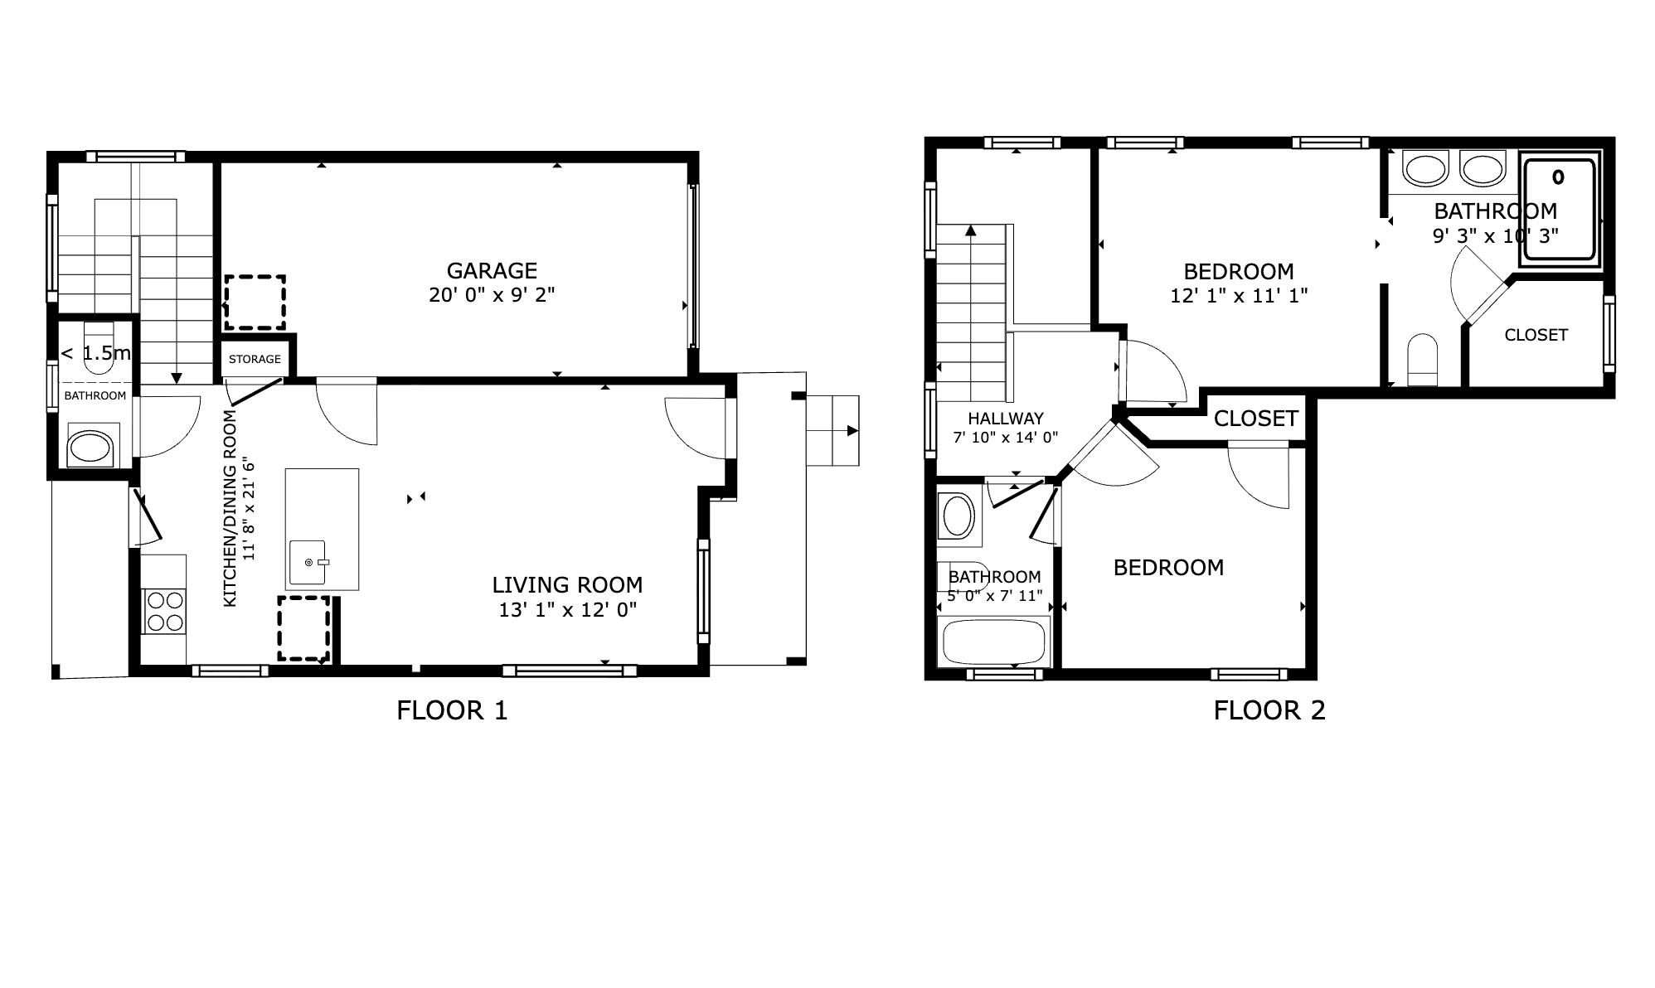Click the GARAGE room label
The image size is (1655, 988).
(491, 270)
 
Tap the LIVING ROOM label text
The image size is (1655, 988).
(567, 584)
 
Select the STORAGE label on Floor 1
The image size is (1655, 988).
(255, 359)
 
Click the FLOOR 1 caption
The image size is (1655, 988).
(452, 710)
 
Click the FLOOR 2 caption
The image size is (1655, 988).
(1269, 710)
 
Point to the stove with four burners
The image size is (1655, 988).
(164, 611)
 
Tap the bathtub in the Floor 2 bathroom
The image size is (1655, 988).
(993, 642)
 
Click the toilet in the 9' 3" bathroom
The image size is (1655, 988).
(1423, 360)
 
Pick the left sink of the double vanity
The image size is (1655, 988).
(1425, 169)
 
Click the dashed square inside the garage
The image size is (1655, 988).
(255, 303)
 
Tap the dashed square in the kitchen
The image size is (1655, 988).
(304, 628)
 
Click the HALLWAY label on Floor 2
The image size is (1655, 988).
(1005, 419)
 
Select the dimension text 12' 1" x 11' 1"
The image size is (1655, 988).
(1239, 295)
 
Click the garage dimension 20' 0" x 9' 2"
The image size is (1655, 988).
(491, 294)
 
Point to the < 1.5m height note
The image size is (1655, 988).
(96, 353)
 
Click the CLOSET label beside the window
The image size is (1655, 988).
(1536, 335)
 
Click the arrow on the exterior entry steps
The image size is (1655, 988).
(851, 431)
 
